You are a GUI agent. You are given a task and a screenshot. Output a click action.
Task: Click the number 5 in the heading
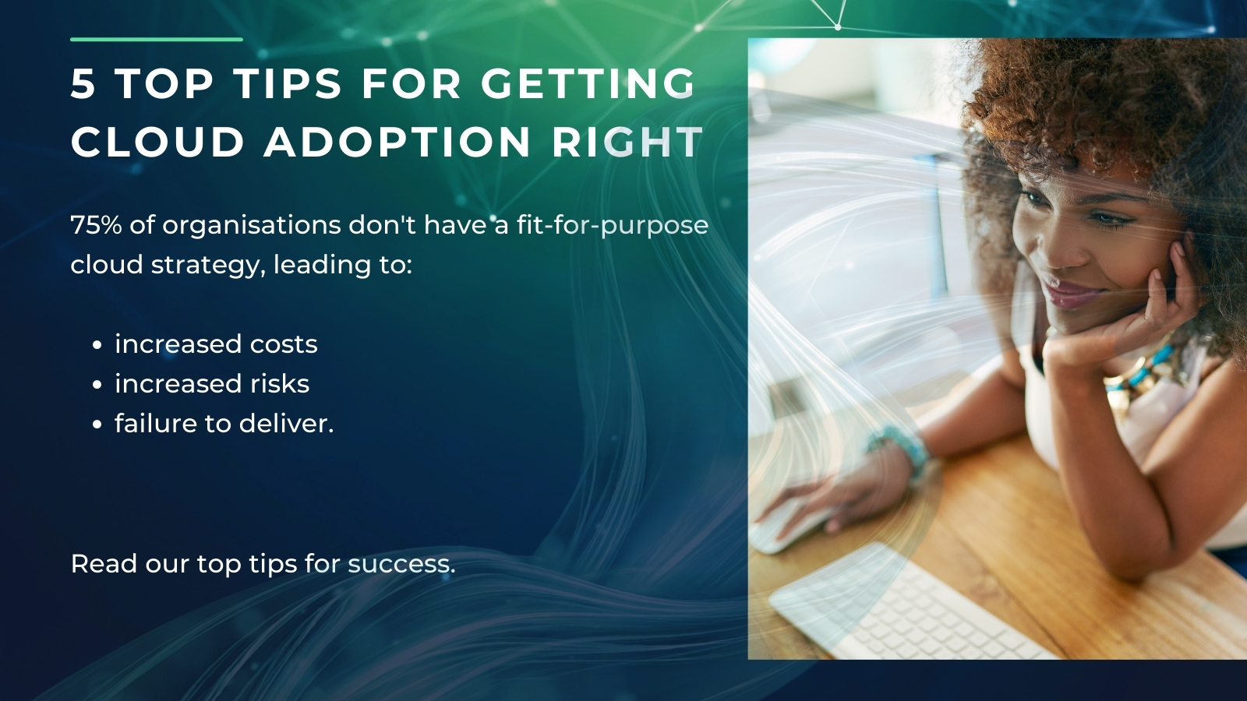coord(83,84)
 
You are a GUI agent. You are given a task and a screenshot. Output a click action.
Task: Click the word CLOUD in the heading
coord(157,143)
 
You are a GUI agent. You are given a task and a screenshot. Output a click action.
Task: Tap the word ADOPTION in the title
coord(397,143)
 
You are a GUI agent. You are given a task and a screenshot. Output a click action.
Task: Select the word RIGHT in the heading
coord(627,143)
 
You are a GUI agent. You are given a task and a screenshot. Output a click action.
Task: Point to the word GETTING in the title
coord(588,84)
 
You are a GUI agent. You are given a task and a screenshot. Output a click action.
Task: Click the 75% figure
coord(96,225)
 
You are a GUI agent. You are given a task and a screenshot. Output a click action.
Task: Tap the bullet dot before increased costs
coord(97,345)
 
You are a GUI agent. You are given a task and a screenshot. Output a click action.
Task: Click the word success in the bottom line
coord(401,564)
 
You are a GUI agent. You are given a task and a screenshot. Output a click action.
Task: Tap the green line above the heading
coord(156,39)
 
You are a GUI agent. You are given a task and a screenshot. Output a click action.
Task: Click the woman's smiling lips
coord(1072,294)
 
